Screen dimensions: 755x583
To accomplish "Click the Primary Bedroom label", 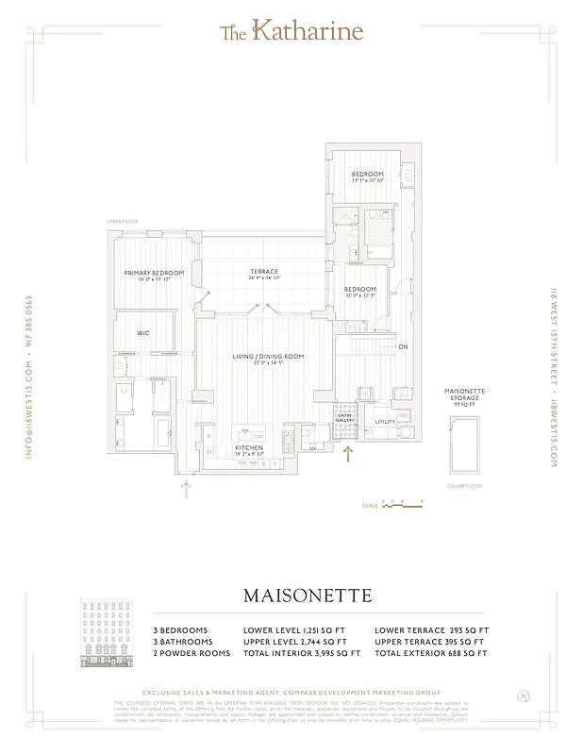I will coord(154,273).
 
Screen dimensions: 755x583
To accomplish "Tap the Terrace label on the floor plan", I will coord(264,272).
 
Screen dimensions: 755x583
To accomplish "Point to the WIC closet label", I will coord(143,333).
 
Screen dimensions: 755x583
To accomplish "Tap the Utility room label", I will coord(384,422).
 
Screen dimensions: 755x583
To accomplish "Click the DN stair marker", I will coord(403,347).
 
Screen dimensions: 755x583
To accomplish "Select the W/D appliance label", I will coord(404,414).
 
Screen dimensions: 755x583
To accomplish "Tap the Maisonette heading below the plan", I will coord(307,596).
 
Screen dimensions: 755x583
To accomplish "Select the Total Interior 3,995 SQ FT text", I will coord(302,653).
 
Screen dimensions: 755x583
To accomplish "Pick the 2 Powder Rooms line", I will coord(192,653).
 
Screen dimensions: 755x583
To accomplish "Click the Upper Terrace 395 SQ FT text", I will coord(431,642).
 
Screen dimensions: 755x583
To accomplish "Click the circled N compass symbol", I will coord(523,697).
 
